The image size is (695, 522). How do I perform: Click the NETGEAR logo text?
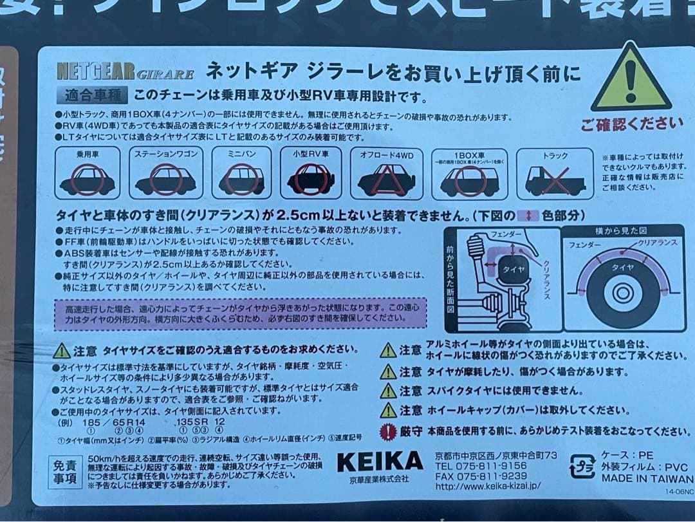(x=95, y=70)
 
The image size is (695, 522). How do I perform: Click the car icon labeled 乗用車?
(x=88, y=178)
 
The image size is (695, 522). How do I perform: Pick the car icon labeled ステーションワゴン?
(x=165, y=179)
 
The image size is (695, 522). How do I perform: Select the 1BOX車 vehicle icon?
(x=469, y=181)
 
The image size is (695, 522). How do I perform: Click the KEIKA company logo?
(x=380, y=461)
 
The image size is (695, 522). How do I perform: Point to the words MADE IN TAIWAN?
(x=647, y=478)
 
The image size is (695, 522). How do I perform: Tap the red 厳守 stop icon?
(x=387, y=431)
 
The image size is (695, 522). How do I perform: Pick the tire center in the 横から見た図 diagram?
(x=622, y=294)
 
